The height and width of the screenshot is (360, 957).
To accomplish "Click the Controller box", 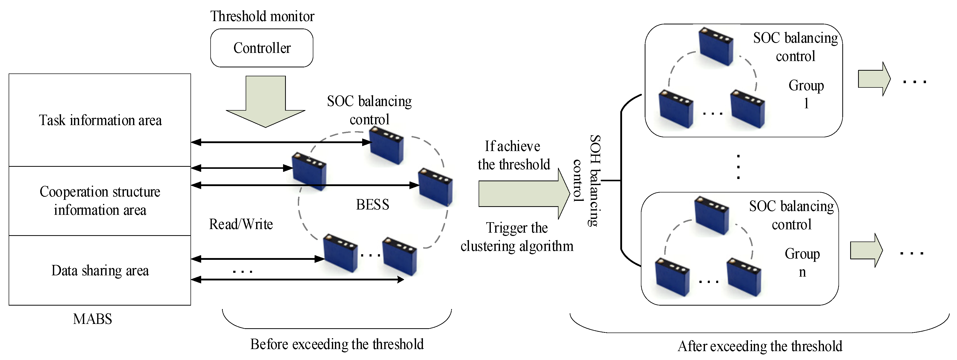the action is (x=261, y=48).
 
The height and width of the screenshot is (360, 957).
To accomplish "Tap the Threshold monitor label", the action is (x=262, y=16).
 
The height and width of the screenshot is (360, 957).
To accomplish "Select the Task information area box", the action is (x=100, y=120).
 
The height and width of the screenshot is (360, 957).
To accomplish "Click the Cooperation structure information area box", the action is (x=100, y=201).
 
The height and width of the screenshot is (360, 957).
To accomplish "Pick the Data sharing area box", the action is (x=100, y=271).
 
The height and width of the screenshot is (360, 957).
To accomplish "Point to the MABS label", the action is (x=93, y=319).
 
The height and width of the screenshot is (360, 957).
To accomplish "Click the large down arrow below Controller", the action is (x=266, y=101).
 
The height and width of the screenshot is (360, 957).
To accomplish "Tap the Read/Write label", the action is (x=241, y=224).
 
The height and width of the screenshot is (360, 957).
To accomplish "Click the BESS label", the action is (x=373, y=204).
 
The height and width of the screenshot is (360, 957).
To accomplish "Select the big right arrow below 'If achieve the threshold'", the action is (x=524, y=193).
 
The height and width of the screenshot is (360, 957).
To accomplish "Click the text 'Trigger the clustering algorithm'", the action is (x=517, y=237).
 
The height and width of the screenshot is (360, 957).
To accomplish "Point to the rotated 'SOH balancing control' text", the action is (x=587, y=181).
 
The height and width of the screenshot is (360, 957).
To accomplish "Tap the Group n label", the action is (x=802, y=263).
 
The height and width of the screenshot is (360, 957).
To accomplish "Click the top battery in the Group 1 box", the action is (x=716, y=47).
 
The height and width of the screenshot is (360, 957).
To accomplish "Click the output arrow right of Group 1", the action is (x=874, y=79).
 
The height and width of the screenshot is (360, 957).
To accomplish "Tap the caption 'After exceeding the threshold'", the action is (x=760, y=346).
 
